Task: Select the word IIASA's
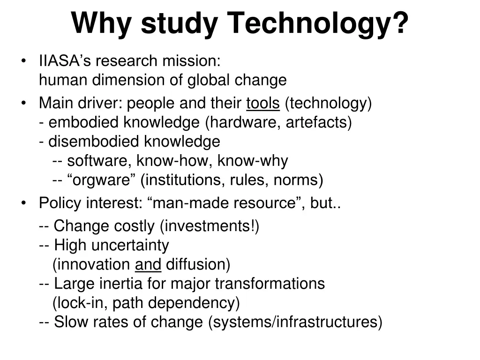(61, 61)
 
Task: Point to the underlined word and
(148, 265)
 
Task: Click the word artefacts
(319, 123)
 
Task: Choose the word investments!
(210, 226)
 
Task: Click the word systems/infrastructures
(295, 322)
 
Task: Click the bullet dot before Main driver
(24, 104)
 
